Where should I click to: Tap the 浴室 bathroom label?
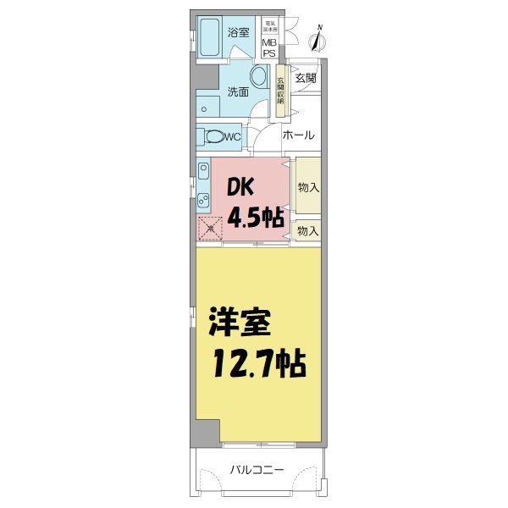point(238,33)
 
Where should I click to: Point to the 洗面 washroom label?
point(238,91)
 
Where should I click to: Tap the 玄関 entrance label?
point(306,77)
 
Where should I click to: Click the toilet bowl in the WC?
point(216,135)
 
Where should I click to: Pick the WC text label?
point(235,135)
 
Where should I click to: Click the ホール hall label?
point(298,135)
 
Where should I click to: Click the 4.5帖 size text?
point(254,218)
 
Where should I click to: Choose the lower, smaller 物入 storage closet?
point(308,230)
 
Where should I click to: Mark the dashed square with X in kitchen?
point(209,227)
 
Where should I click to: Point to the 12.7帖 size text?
point(257,366)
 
